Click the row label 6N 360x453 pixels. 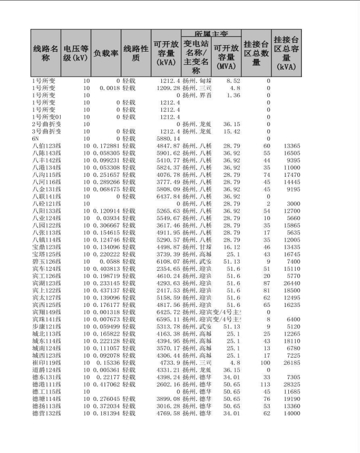coord(36,139)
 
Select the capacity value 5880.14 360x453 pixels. coord(167,139)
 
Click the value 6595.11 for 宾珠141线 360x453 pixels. coord(167,320)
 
